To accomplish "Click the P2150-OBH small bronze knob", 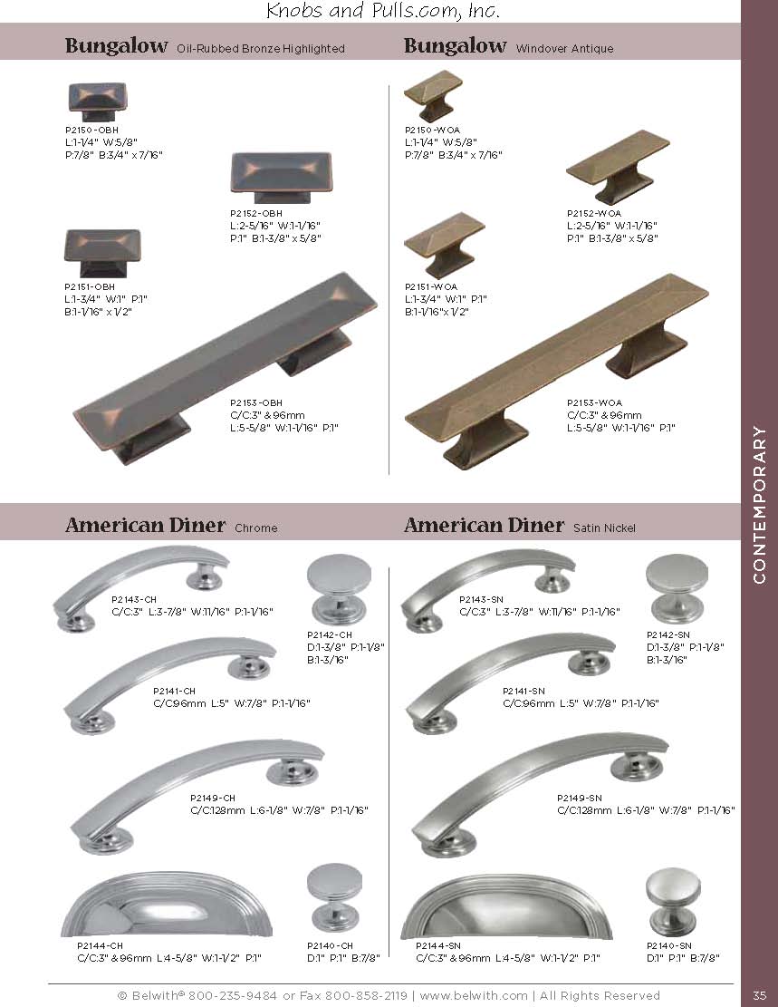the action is (96, 102).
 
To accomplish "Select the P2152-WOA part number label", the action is (594, 213).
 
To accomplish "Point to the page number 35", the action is (760, 995).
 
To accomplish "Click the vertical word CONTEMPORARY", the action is (760, 504).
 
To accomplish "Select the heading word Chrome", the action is (256, 528).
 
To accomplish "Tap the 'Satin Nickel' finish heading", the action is (604, 528).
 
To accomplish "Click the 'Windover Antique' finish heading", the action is (564, 48).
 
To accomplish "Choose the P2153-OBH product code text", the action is (256, 402).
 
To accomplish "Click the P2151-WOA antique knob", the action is (444, 245).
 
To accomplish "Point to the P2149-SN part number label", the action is (580, 798).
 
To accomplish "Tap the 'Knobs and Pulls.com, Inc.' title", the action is (382, 11).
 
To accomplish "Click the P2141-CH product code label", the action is (174, 691).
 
